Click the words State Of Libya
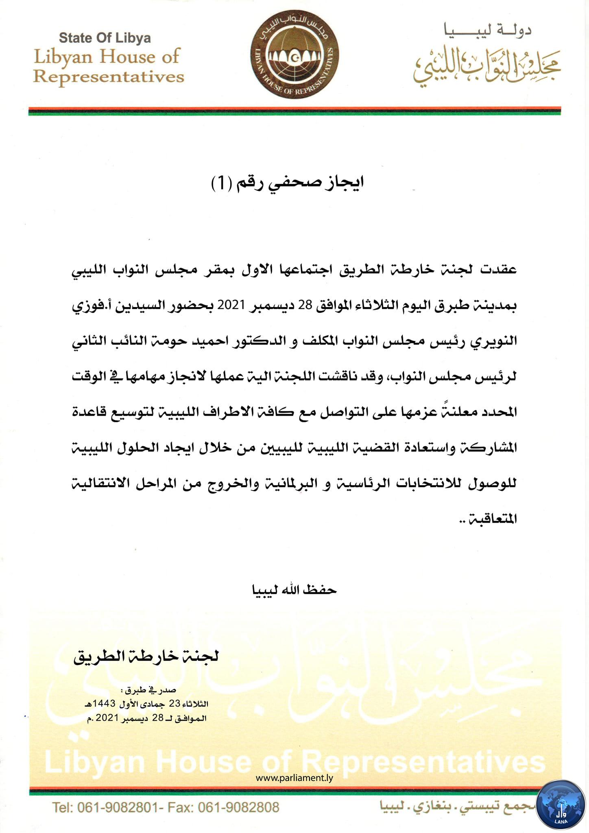tap(105, 38)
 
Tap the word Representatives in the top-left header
tap(109, 76)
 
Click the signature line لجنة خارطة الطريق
tap(146, 656)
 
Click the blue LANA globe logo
tap(561, 806)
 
